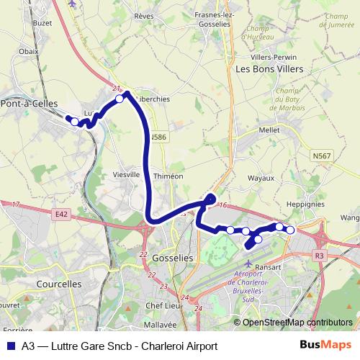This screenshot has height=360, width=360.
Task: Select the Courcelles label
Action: coord(58,284)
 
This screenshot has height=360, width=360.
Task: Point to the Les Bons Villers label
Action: coord(269,69)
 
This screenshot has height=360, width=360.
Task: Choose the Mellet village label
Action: coord(269,130)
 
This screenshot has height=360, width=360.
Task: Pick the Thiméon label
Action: coord(169,176)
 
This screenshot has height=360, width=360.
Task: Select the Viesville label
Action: coord(127,174)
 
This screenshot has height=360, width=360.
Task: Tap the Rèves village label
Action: coord(143,14)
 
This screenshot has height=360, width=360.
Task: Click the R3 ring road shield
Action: coord(319,255)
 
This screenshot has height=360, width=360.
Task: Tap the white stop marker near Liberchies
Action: coord(120,99)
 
